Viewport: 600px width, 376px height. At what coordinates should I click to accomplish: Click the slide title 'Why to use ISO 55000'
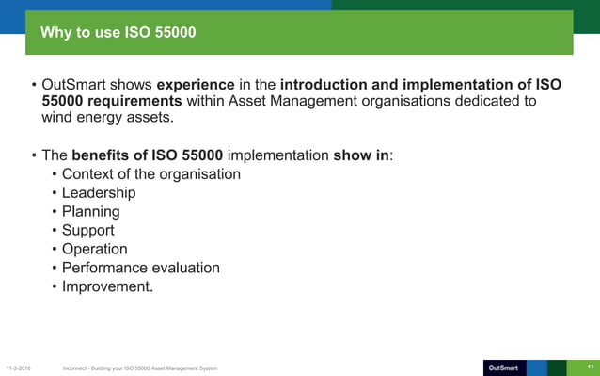coord(118,35)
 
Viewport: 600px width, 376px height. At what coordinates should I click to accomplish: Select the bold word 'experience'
coord(196,85)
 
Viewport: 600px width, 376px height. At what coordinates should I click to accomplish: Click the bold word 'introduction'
coord(328,85)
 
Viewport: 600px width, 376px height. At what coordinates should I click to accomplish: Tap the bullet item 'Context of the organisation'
coord(150,174)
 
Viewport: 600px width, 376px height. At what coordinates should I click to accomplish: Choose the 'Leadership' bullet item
coord(99,193)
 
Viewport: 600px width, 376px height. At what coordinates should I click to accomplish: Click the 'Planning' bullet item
coord(90,212)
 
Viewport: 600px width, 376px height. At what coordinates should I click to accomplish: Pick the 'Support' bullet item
coord(87,231)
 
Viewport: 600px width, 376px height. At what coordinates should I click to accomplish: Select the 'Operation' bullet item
coord(94,249)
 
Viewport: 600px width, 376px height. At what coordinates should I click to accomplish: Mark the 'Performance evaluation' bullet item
coord(140,268)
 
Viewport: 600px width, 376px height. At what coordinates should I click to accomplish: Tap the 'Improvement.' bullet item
coord(106,286)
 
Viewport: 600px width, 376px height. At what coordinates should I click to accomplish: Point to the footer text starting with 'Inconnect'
coord(139,367)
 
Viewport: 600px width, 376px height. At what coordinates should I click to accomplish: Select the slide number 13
coord(591,366)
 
